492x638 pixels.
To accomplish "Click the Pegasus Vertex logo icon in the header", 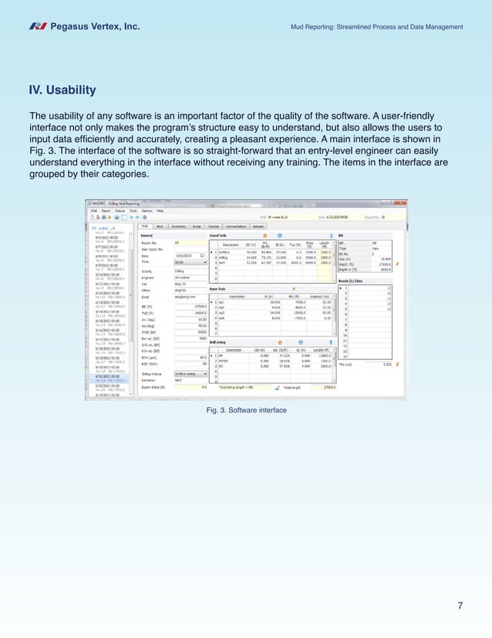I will tap(38, 27).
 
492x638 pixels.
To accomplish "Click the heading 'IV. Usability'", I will tap(62, 90).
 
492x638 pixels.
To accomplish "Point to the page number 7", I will tap(460, 605).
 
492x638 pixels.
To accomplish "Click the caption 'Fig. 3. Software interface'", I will tap(246, 410).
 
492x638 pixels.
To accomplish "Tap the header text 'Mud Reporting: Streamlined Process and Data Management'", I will tap(376, 27).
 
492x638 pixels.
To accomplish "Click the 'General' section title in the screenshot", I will tap(148, 235).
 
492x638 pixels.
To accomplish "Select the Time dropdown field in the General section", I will tap(190, 262).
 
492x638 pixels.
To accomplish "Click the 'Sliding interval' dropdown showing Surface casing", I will tap(190, 372).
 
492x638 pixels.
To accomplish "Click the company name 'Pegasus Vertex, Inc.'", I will tap(95, 27).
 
